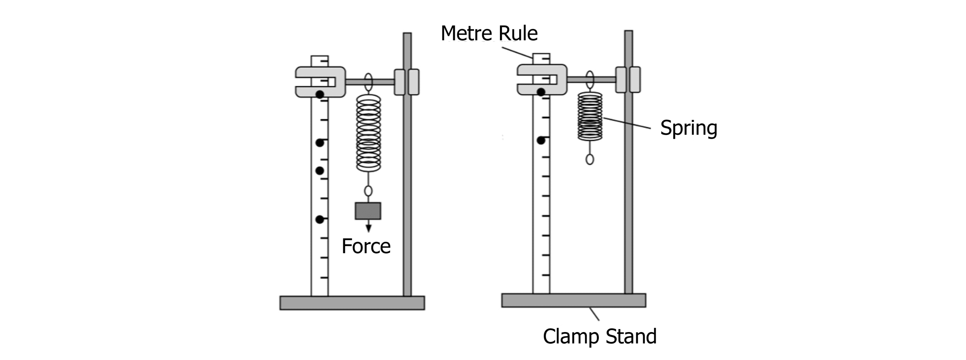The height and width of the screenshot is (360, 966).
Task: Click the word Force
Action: point(366,246)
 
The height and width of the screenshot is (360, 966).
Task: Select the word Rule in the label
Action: point(518,33)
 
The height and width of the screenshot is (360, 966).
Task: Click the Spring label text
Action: point(688,128)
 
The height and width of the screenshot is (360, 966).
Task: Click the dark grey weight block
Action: point(368,211)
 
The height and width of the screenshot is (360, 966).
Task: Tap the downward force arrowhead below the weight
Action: point(368,228)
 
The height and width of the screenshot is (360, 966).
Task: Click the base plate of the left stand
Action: point(352,303)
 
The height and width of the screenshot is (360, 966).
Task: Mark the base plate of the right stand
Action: point(574,300)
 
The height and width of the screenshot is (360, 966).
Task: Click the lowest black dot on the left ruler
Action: point(320,219)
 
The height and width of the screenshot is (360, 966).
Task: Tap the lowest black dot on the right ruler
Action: point(541,141)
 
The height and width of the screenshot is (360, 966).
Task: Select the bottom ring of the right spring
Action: point(590,159)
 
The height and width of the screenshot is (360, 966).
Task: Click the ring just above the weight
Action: point(368,191)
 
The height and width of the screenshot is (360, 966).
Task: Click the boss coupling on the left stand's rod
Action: point(406,82)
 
